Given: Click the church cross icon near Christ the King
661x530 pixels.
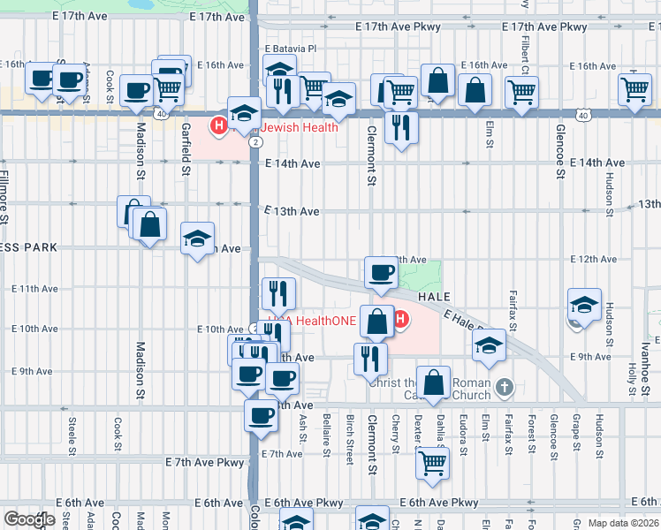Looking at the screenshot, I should pyautogui.click(x=504, y=386).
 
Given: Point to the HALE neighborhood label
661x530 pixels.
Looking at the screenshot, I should pyautogui.click(x=435, y=297).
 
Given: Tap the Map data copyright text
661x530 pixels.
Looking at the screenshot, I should pyautogui.click(x=624, y=523).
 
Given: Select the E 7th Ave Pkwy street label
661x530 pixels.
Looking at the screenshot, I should pyautogui.click(x=204, y=462).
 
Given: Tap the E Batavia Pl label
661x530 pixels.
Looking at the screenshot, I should pyautogui.click(x=291, y=49).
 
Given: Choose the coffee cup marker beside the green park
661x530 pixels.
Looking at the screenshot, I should pyautogui.click(x=381, y=272).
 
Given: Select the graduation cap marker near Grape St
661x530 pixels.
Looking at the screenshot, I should pyautogui.click(x=584, y=304).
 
